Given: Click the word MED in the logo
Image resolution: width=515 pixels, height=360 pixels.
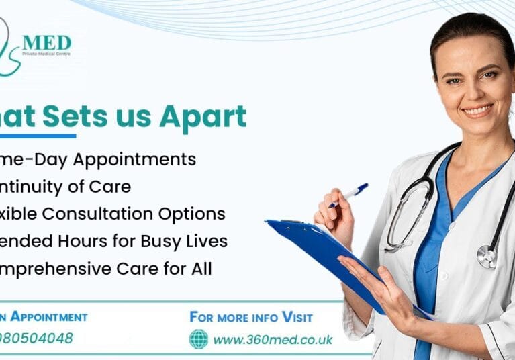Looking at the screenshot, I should [x=46, y=44].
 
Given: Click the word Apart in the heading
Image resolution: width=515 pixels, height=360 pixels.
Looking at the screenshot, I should [x=203, y=117].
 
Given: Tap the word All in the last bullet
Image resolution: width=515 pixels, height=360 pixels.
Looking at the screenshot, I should [x=199, y=269].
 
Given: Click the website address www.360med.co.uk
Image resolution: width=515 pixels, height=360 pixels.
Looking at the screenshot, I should [x=273, y=339].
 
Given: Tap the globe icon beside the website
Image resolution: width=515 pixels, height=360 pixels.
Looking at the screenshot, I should [x=199, y=339].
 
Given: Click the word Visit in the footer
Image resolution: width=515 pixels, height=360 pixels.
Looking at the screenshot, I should [x=297, y=317].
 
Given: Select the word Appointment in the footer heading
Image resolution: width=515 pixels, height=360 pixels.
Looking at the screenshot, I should [x=50, y=317].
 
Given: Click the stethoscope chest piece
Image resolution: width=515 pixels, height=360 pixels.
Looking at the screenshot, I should [x=487, y=257].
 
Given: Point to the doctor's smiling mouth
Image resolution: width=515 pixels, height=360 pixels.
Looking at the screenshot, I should [x=477, y=111].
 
